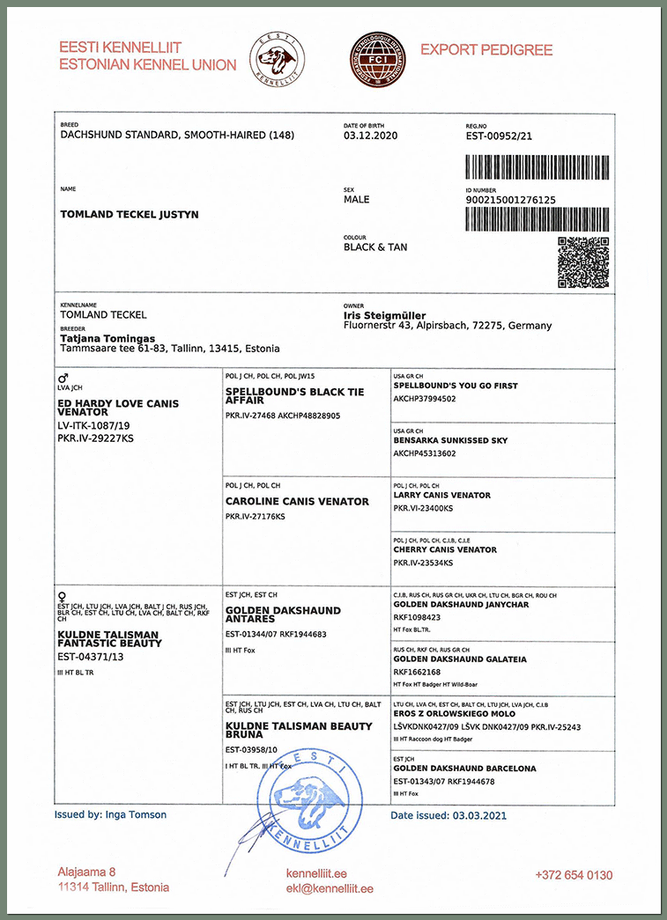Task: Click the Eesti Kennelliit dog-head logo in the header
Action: [x=278, y=59]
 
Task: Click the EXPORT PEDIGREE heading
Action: [x=485, y=50]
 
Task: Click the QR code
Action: [x=582, y=262]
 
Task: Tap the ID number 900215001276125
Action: [x=510, y=200]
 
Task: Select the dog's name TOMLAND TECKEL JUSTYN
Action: [x=129, y=214]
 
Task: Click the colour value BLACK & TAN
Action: [x=375, y=247]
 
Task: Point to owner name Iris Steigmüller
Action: [x=384, y=315]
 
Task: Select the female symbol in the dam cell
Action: [x=61, y=596]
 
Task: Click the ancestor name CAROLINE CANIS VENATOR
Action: [x=297, y=501]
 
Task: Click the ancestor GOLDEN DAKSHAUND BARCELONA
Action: [x=464, y=769]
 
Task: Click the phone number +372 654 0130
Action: [x=574, y=875]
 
